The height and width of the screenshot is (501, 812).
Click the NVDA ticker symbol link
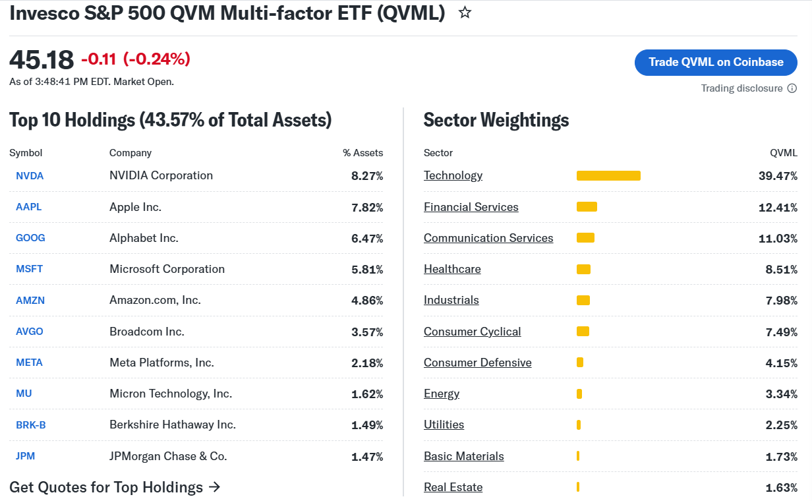[30, 176]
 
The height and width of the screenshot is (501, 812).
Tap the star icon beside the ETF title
[465, 13]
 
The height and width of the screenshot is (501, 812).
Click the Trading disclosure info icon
[792, 88]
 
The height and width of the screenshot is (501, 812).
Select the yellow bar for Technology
[608, 176]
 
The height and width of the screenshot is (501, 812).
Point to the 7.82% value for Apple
[367, 208]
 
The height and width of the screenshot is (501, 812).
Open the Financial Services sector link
[471, 207]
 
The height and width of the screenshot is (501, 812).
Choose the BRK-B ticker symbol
[31, 425]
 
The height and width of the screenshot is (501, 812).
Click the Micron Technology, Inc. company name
[171, 394]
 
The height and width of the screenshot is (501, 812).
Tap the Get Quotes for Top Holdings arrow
[215, 487]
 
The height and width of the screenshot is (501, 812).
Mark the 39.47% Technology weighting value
[778, 176]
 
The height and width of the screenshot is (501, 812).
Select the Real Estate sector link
[453, 487]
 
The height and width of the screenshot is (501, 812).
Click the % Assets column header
[363, 153]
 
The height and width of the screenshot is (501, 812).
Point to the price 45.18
[42, 60]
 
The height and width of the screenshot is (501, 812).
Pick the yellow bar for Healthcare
[583, 270]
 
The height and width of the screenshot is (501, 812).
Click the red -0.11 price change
[99, 59]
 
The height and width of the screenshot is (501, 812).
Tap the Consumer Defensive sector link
[477, 363]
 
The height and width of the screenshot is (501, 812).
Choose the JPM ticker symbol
[25, 456]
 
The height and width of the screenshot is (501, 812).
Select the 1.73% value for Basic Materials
[781, 457]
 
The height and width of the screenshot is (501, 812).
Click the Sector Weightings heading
[496, 120]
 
